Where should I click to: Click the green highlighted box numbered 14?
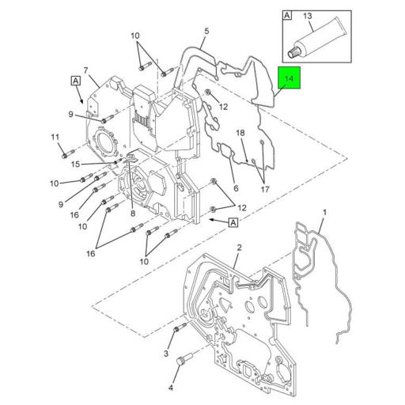pos(290,78)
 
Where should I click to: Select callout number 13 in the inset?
pos(308,16)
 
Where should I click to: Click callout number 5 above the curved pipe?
pos(206,31)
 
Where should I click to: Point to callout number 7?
pos(85,70)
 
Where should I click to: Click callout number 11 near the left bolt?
pos(55,137)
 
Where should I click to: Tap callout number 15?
pos(75,165)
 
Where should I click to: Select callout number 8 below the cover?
pos(133,213)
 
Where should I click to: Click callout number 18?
pos(240,133)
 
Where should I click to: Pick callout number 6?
pos(236,188)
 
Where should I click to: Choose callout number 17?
pos(265,189)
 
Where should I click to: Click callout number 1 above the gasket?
pos(324,212)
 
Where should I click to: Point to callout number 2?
pos(239,248)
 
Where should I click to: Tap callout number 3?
pos(166,354)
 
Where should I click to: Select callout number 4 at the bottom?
pos(171,388)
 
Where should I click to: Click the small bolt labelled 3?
pos(180,327)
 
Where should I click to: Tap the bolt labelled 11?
pos(69,154)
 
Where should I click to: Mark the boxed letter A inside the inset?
pos(287,15)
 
